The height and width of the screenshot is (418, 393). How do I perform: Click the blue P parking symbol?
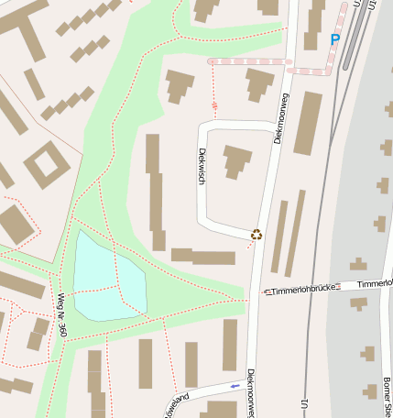click(x=334, y=39)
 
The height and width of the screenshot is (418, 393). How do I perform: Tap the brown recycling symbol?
click(x=257, y=234)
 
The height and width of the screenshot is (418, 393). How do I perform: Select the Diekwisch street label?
click(x=202, y=169)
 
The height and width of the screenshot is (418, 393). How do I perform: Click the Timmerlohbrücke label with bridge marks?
click(x=300, y=289)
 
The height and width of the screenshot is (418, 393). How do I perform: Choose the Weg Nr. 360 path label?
click(x=62, y=314)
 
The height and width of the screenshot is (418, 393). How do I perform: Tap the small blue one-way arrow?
click(x=235, y=386)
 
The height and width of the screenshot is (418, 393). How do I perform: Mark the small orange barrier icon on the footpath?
click(x=215, y=106)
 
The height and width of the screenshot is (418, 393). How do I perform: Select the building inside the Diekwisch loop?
click(x=237, y=160)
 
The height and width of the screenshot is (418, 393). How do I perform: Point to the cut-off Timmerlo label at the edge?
click(x=375, y=284)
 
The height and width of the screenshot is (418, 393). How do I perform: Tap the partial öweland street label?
click(x=175, y=403)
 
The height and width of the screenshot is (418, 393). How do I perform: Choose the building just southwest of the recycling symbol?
click(x=202, y=256)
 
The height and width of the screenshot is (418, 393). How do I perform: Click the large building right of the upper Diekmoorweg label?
click(x=308, y=123)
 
